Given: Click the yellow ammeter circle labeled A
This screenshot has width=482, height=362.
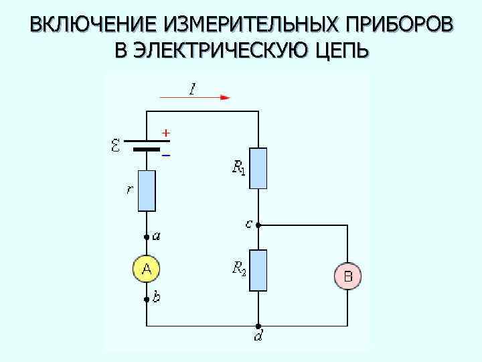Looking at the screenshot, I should (x=147, y=269).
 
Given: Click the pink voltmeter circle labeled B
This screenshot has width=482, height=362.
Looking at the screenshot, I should (x=347, y=275).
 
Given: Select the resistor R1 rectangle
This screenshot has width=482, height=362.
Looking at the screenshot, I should (x=258, y=168).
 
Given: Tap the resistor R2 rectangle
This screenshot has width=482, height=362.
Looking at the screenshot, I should (x=258, y=270).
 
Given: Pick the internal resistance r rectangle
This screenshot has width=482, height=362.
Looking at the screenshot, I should (x=147, y=191).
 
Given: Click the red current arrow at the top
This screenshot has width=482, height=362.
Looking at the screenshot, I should (x=195, y=97).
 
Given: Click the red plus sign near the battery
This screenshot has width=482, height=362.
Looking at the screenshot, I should (x=165, y=133).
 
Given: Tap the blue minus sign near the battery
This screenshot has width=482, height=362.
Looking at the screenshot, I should (x=166, y=155).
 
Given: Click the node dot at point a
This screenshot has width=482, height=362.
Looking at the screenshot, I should (x=147, y=237).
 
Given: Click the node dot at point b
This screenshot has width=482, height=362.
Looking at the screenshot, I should (x=147, y=300).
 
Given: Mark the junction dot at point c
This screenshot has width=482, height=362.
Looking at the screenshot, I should (x=258, y=225).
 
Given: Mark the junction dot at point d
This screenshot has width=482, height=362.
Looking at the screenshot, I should (x=258, y=326).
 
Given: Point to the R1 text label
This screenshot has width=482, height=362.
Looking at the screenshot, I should (x=238, y=168).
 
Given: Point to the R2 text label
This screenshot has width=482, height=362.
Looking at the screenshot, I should (x=238, y=269).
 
